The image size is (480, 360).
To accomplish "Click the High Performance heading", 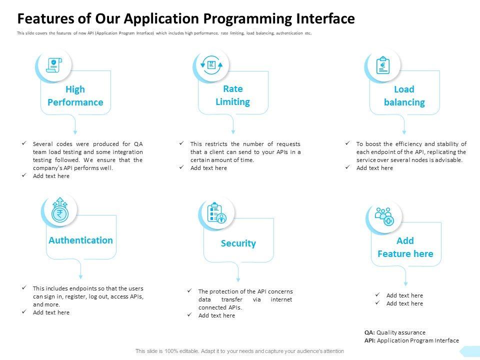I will tap(75, 95).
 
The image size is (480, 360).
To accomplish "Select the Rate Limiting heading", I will tap(232, 95).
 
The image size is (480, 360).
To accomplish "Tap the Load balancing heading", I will tap(404, 95).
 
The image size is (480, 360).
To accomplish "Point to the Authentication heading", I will tap(80, 240).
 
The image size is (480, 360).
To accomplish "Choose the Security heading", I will tap(238, 243).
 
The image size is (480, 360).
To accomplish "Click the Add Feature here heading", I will tap(405, 247).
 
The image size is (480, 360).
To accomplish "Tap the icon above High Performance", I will tap(53, 65).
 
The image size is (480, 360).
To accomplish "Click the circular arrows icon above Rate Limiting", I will tap(211, 64).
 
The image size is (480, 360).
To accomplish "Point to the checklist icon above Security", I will tap(216, 212).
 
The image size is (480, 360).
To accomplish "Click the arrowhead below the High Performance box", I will tap(75, 132).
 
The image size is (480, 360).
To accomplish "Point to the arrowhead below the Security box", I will tap(238, 279).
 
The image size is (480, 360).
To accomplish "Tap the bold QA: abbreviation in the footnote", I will tap(369, 332).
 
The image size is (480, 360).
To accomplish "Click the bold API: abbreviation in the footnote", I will tap(370, 340).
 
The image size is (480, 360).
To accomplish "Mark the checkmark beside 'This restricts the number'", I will tap(181, 143).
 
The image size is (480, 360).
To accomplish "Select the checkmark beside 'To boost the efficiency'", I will tap(347, 143).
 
